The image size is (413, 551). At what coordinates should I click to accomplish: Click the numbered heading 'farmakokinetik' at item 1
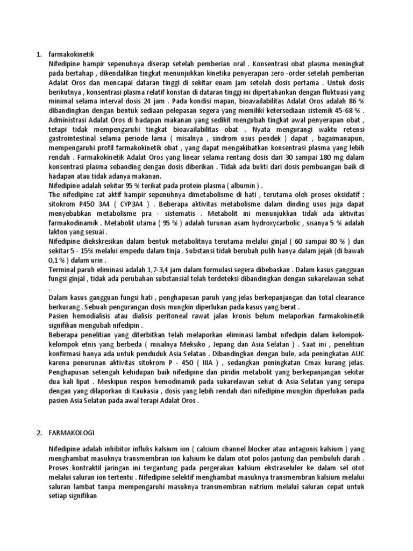point(71,54)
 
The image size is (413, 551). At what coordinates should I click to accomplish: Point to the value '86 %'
point(357,101)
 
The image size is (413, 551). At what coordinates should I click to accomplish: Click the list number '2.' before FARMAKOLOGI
point(39,433)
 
